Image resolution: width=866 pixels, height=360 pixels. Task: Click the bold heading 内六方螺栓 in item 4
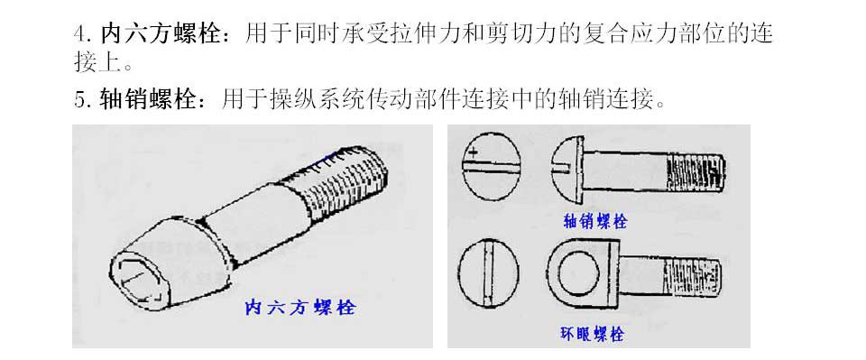pos(161,34)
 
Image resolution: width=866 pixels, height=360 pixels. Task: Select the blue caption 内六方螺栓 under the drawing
pos(299,308)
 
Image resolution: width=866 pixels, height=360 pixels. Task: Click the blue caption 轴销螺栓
pos(594,222)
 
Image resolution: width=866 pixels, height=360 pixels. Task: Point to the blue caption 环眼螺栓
pos(592,335)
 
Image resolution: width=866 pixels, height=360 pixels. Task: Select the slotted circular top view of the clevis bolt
pos(491,166)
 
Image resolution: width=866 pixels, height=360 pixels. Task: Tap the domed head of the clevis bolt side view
pos(567,169)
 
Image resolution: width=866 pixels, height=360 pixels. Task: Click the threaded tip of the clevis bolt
pos(696,171)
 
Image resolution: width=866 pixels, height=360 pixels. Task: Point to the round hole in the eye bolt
pos(578,272)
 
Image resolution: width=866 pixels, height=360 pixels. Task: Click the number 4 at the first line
pos(79,34)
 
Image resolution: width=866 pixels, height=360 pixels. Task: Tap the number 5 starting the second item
pos(79,100)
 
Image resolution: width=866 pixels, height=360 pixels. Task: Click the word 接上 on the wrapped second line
pos(97,61)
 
